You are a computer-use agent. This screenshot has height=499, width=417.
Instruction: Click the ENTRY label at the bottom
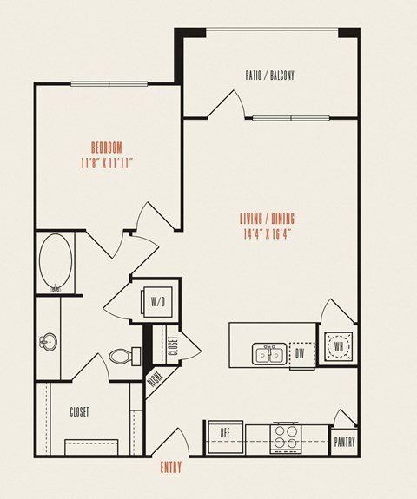click(x=171, y=467)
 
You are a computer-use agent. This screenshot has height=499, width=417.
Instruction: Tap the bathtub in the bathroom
click(x=56, y=263)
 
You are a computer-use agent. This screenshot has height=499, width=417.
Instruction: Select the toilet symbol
click(x=125, y=356)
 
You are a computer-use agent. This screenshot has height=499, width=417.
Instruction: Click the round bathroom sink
click(x=49, y=342)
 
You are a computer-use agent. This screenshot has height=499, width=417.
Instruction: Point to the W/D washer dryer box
click(x=157, y=301)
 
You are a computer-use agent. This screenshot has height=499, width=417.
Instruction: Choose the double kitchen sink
click(x=269, y=353)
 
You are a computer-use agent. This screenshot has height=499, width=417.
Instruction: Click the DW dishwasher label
click(x=300, y=353)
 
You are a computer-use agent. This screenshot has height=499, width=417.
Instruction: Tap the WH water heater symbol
click(x=338, y=346)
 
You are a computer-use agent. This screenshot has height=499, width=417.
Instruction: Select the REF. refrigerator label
click(x=226, y=433)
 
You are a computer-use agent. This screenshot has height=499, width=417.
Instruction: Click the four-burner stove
click(x=286, y=438)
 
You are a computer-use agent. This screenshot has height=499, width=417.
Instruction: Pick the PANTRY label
click(x=344, y=442)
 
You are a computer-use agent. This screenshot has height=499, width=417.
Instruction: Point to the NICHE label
click(x=156, y=378)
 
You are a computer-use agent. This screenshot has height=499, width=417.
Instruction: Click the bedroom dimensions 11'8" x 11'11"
click(x=106, y=164)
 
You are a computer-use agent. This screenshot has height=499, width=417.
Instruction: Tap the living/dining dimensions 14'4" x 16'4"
click(x=268, y=234)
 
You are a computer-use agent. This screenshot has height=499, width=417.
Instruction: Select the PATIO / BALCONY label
click(x=270, y=76)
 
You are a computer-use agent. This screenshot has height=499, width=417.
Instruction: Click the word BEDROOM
click(x=106, y=148)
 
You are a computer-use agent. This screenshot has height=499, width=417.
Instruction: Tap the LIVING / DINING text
click(x=267, y=219)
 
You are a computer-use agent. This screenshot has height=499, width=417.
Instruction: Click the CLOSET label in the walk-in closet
click(x=79, y=412)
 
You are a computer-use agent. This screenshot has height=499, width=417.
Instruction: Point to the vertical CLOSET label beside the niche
click(x=173, y=346)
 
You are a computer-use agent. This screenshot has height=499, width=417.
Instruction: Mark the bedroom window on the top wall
click(x=109, y=84)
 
